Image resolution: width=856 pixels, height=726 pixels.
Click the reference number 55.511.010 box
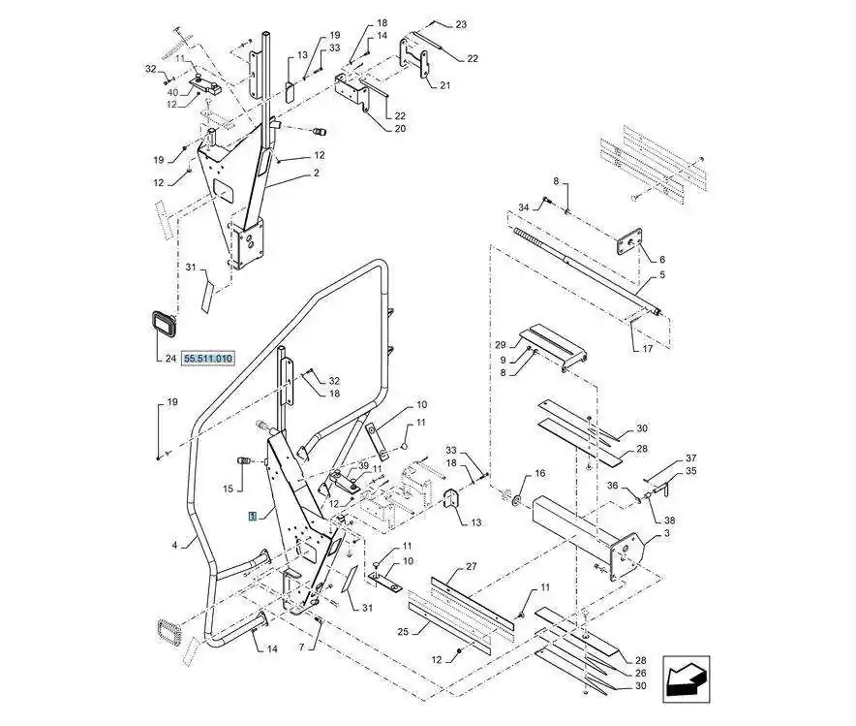208,359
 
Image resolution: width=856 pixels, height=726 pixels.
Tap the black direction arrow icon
687,679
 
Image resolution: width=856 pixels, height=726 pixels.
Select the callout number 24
170,359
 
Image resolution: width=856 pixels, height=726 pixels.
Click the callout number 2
316,174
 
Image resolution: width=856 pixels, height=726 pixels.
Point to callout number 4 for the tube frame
174,545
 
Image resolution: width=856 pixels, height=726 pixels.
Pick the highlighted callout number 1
252,516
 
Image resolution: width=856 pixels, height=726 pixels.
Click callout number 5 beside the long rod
662,274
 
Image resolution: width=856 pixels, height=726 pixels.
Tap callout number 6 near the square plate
662,260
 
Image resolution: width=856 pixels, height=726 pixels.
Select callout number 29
501,345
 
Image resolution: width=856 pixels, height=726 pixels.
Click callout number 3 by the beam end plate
666,533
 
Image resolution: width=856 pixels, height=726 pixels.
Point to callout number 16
540,474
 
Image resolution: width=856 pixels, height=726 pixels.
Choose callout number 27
472,566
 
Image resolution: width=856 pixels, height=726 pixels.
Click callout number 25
403,632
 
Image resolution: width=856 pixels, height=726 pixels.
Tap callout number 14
272,649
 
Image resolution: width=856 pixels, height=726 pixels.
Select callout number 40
172,92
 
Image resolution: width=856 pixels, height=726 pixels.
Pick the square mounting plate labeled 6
628,241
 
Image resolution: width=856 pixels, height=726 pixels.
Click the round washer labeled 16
516,500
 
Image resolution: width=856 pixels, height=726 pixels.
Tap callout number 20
400,129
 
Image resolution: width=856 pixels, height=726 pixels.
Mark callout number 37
691,458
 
